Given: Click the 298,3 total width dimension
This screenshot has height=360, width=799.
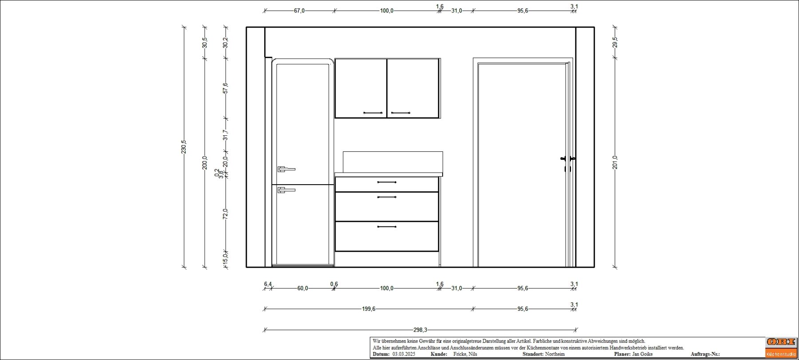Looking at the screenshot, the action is [420, 330].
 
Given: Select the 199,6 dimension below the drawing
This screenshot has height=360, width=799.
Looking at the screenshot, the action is [368, 309].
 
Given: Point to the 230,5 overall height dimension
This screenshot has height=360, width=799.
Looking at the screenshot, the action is [184, 147].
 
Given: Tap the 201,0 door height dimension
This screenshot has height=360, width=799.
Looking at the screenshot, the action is [615, 162].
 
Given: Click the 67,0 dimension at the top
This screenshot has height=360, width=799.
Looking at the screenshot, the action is [299, 11].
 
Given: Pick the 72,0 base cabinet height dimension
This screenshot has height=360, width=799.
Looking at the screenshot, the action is [225, 214].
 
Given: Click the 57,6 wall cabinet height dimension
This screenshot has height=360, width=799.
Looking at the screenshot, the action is [225, 88].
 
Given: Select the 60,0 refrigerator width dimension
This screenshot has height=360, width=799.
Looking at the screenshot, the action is [302, 288].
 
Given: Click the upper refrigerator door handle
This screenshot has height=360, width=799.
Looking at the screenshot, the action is [286, 169].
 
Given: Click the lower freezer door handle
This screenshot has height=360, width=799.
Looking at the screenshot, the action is [286, 190].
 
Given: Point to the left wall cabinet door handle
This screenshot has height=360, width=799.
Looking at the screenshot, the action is [373, 113].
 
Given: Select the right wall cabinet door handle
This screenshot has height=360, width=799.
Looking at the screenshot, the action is [400, 113].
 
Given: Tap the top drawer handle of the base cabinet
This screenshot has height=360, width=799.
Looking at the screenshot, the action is [387, 182].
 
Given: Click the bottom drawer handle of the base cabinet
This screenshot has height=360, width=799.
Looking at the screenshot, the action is [387, 227].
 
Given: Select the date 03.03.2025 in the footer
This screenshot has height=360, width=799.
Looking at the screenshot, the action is [403, 354].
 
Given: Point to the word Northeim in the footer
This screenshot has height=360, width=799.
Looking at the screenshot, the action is [555, 354].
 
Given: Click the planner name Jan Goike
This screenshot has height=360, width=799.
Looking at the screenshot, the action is [642, 354].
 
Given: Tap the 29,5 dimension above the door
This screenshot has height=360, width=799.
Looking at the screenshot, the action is [615, 42].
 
